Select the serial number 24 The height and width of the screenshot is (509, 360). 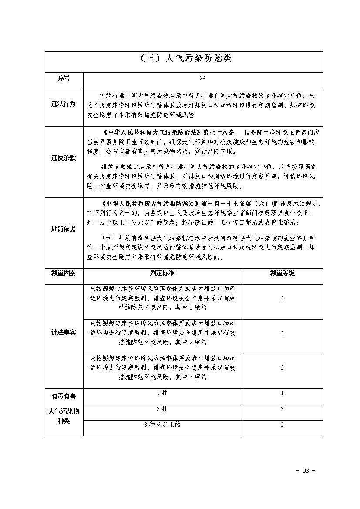(x=202, y=78)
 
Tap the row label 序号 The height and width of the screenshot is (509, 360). (x=64, y=78)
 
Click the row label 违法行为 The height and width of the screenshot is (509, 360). (x=64, y=104)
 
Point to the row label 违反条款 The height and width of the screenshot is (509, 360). (x=64, y=158)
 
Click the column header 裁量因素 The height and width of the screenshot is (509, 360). (x=64, y=273)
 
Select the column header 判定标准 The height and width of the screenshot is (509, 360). (x=162, y=273)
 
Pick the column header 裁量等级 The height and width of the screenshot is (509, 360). (x=282, y=273)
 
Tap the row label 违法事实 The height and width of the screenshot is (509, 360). (x=64, y=333)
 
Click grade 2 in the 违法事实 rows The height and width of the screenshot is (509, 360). (x=282, y=299)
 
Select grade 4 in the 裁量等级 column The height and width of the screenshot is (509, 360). (x=282, y=333)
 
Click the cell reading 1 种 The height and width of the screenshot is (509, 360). (x=162, y=393)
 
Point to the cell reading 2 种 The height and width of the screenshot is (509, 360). (x=162, y=409)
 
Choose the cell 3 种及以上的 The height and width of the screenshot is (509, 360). (x=162, y=425)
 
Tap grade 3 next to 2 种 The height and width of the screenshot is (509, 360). (x=282, y=409)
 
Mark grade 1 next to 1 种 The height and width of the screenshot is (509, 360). (x=282, y=393)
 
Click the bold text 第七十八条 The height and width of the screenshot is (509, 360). (x=218, y=131)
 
